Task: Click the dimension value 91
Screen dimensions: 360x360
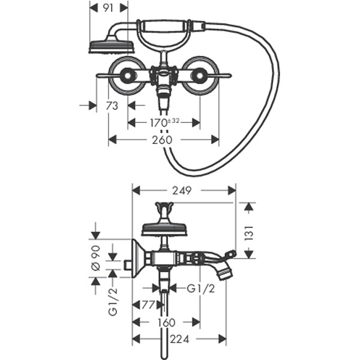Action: coord(109,8)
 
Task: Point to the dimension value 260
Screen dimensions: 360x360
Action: coord(163,140)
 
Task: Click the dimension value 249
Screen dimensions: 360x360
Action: coord(182,191)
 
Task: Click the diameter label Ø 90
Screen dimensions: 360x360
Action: coord(95,256)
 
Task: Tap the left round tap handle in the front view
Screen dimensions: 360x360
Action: coord(127,76)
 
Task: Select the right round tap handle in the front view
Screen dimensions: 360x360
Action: coord(200,76)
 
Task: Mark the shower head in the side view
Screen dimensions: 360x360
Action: coord(164,228)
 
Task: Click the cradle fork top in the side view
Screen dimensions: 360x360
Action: coord(164,208)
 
